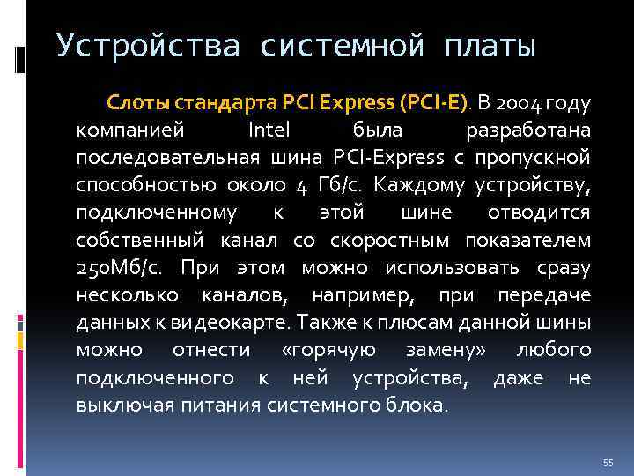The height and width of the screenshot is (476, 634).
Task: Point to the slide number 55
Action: pyautogui.click(x=608, y=463)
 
